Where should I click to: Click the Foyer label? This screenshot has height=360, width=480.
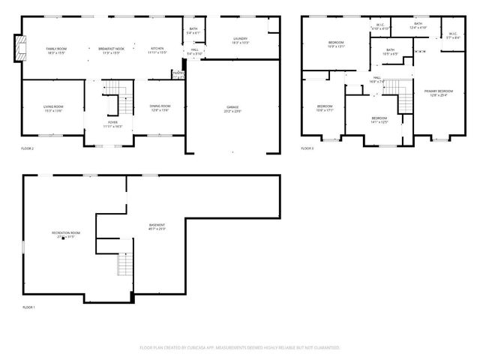point(112,124)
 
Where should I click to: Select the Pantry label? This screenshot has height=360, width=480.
point(178,73)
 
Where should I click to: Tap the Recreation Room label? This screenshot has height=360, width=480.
point(66,234)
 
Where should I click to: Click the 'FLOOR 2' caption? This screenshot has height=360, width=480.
point(28,149)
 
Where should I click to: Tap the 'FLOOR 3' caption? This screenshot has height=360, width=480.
point(307,148)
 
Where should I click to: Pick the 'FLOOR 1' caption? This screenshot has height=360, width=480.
point(28,307)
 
